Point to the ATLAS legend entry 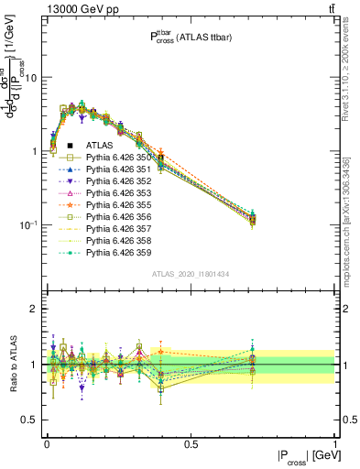100,146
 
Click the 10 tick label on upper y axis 29,78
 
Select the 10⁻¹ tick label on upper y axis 27,224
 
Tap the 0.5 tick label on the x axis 191,443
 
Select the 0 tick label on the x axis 47,443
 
